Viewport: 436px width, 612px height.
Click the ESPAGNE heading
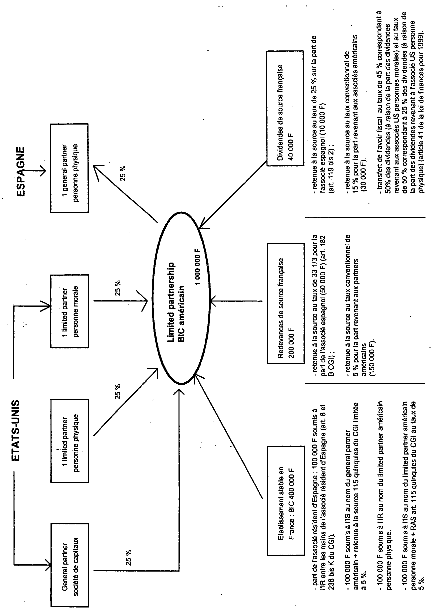coord(21,171)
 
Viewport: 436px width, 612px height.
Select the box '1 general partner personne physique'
coord(69,168)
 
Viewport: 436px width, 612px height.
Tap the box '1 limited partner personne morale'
coord(69,311)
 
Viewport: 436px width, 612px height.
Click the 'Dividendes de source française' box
coord(285,109)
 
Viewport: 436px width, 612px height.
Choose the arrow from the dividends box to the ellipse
coord(233,195)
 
